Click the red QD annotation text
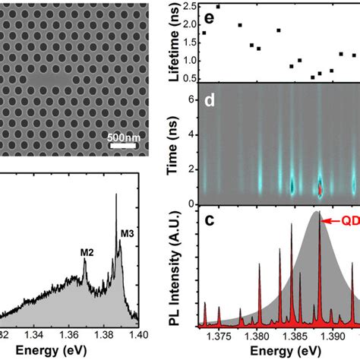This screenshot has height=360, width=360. click(349, 221)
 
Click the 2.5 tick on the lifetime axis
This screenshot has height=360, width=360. click(190, 6)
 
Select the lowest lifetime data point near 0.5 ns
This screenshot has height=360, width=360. click(312, 77)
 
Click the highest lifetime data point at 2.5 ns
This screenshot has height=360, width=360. click(218, 6)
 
